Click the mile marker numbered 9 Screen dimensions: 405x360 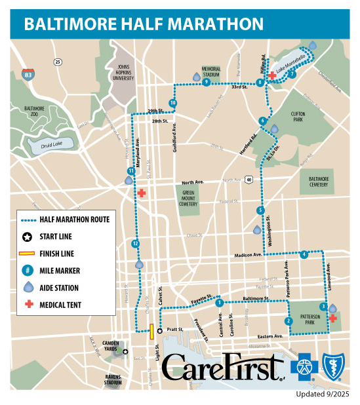tap(206, 83)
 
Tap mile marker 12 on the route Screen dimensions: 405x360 tap(135, 244)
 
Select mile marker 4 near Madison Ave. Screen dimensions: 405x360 tap(304, 255)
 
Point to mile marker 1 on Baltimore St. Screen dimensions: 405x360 tap(219, 302)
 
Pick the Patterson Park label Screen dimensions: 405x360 tap(306, 318)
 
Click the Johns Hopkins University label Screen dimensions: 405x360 tap(124, 72)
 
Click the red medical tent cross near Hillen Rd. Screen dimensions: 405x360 tap(272, 76)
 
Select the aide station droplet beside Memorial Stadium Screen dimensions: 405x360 tap(196, 77)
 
